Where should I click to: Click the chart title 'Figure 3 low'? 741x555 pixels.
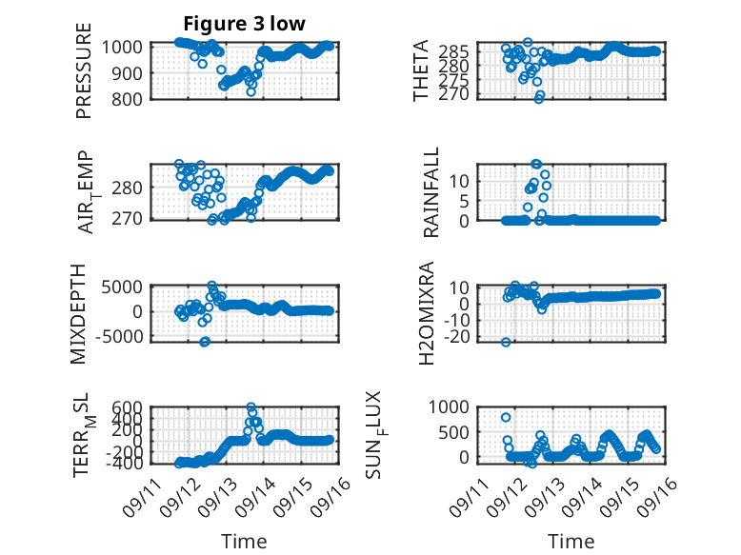tap(245, 24)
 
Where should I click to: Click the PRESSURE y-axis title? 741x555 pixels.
tap(83, 70)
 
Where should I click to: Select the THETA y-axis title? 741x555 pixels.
tap(420, 69)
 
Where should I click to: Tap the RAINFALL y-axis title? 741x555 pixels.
tap(431, 192)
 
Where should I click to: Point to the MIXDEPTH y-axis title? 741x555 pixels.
tap(78, 314)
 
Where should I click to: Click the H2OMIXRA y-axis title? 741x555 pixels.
tap(427, 313)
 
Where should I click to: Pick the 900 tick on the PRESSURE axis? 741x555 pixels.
tap(127, 73)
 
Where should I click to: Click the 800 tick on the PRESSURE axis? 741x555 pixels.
tap(127, 100)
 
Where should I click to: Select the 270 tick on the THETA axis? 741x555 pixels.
tap(453, 94)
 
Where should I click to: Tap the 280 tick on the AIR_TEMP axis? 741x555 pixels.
tap(127, 188)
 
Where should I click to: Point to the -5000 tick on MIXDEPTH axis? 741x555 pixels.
tap(119, 337)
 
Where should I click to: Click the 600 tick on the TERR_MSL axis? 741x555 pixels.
tap(127, 407)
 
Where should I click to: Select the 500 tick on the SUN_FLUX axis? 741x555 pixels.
tap(453, 432)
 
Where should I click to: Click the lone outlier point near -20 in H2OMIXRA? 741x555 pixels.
tap(506, 342)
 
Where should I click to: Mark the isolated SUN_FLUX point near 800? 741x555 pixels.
tap(506, 417)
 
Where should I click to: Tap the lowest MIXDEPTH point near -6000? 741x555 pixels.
tap(204, 342)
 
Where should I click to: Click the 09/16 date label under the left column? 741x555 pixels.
tap(331, 496)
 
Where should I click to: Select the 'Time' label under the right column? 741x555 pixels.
tap(571, 542)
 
